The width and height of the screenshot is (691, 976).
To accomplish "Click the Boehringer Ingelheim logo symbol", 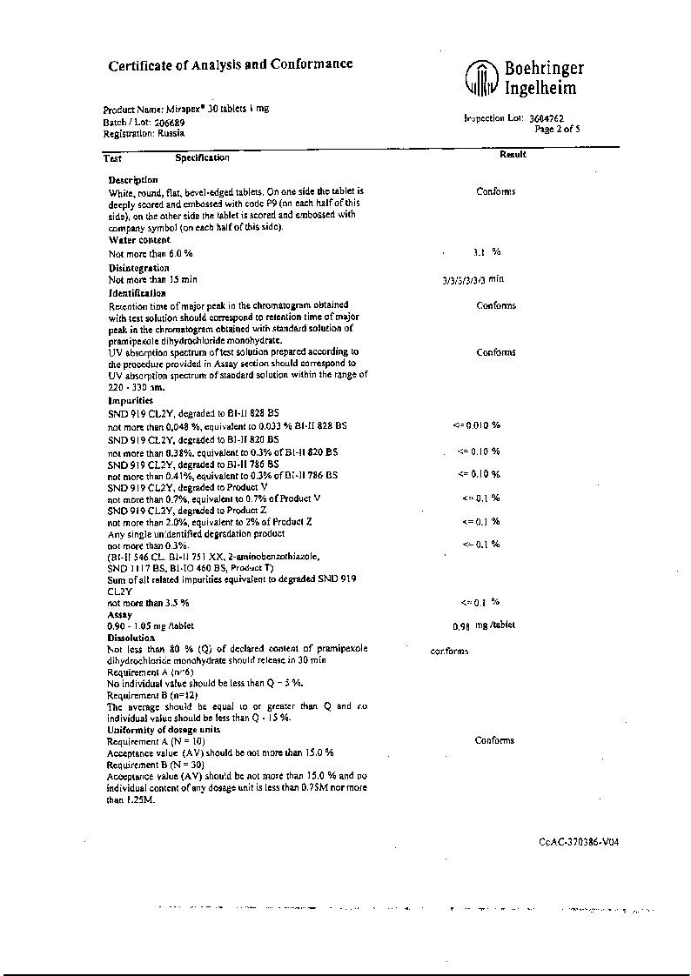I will pos(481,78).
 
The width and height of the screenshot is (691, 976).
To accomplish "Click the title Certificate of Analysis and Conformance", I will pos(231,64).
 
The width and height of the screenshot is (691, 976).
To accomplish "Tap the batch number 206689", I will pos(158,123).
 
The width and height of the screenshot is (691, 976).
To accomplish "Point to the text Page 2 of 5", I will pos(557,129).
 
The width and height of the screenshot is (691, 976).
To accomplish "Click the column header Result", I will pos(513,155).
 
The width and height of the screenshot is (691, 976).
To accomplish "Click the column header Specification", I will pos(202,157).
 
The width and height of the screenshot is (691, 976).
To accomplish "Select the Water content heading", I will pos(139,239).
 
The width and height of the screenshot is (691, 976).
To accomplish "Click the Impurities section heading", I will pos(131,401).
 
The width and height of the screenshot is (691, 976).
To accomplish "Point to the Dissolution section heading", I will pos(131,638).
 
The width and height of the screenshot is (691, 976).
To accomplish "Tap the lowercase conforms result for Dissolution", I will pos(449,651).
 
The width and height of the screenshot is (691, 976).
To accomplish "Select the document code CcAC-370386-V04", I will pos(579,841).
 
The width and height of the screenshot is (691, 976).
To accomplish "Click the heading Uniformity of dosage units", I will pos(163,729).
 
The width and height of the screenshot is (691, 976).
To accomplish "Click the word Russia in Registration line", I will pos(171,133).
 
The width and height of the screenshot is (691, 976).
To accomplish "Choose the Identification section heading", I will pos(137,293).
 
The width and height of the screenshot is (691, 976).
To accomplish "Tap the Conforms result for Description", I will pos(495,191).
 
